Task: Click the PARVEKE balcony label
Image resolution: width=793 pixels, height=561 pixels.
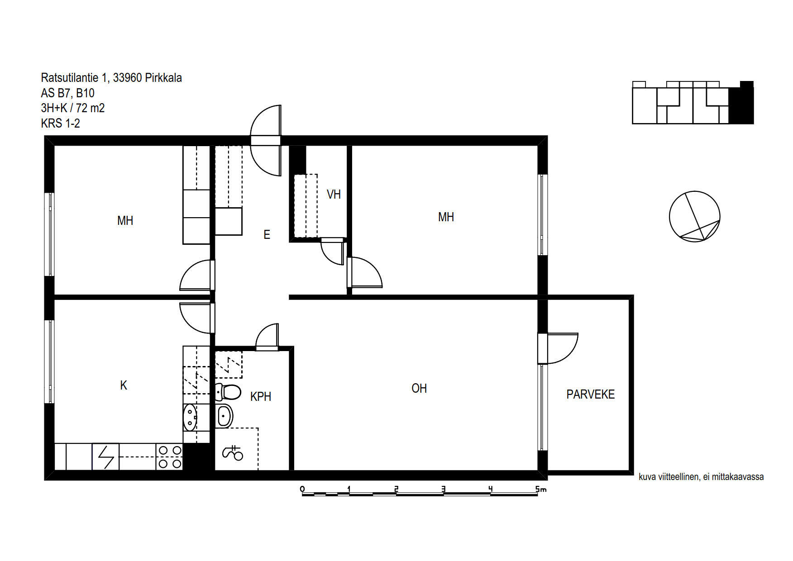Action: [590, 395]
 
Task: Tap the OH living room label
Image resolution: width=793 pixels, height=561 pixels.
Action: [419, 388]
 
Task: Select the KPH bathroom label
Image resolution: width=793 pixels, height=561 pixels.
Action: [261, 396]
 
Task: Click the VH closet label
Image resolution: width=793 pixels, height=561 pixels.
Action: [334, 195]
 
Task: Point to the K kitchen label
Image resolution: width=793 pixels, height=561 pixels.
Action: [124, 385]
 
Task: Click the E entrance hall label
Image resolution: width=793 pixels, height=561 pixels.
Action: [267, 234]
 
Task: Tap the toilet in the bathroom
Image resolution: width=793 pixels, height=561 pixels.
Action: [228, 392]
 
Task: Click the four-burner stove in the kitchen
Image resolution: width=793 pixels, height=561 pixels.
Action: [169, 457]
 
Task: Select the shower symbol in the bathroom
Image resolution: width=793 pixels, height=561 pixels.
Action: [233, 453]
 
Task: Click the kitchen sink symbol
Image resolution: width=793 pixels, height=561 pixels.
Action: [190, 417]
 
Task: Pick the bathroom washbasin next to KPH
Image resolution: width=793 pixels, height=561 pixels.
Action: [224, 416]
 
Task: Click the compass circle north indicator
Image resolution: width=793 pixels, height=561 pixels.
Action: [694, 216]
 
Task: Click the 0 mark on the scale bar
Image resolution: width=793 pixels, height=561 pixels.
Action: [302, 489]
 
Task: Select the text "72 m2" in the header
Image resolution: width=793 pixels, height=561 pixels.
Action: [91, 108]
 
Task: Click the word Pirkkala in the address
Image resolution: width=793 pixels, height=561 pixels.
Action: [163, 78]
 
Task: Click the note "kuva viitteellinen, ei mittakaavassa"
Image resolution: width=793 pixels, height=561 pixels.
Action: [701, 477]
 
